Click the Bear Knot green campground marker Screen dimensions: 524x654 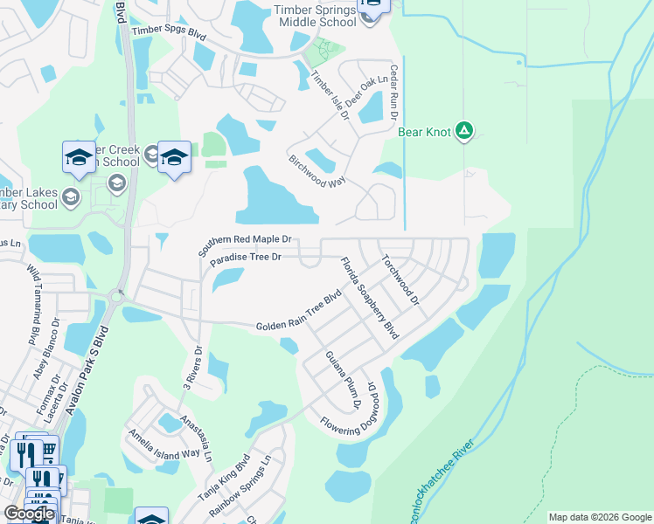click(x=464, y=132)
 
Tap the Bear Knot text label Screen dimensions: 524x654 click(x=424, y=133)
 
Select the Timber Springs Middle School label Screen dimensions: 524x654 click(x=315, y=15)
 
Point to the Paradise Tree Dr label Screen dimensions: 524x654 click(x=245, y=257)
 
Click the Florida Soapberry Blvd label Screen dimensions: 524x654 click(x=369, y=298)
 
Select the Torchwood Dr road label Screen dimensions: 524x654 click(x=400, y=280)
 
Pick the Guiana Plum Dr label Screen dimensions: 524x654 click(x=344, y=381)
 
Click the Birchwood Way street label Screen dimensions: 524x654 click(x=317, y=171)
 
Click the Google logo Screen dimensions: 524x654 click(x=29, y=514)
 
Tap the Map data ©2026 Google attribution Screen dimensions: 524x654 click(x=600, y=517)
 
